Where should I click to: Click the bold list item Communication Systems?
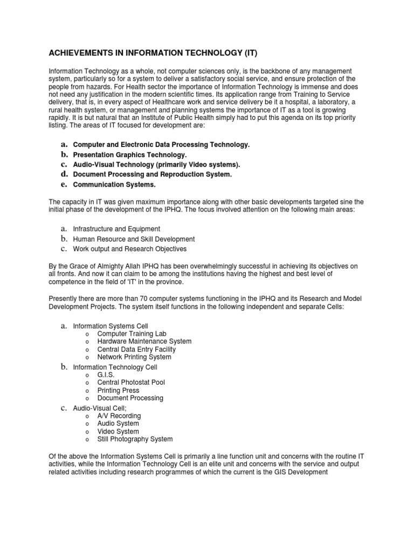click(x=114, y=185)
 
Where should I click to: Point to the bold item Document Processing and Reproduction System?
click(x=153, y=174)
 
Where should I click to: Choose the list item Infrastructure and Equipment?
click(x=116, y=229)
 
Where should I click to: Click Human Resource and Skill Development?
click(x=134, y=239)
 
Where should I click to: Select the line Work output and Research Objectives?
click(x=130, y=249)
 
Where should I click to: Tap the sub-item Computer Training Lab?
click(x=128, y=334)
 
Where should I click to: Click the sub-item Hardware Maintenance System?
click(x=144, y=341)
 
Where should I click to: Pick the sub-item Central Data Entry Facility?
click(x=136, y=349)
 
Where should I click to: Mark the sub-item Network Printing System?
click(x=134, y=357)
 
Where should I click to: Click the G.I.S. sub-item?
click(x=106, y=375)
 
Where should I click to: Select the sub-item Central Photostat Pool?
click(x=131, y=382)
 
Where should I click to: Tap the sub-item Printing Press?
click(x=118, y=390)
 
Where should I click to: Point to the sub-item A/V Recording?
click(x=119, y=416)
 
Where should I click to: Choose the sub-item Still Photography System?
click(x=135, y=439)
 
